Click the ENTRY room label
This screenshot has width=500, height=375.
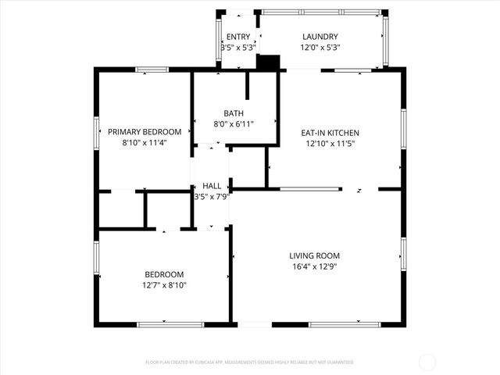coord(237,37)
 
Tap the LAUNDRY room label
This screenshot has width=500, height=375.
coord(320,37)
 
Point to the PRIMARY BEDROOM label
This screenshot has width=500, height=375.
coord(145,132)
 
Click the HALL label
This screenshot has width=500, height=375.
coord(211,186)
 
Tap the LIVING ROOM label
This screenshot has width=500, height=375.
coord(314,255)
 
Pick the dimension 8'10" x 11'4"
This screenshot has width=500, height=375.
coord(145,143)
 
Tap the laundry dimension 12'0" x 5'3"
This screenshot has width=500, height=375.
coord(320,48)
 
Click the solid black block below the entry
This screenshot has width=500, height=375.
coord(268,62)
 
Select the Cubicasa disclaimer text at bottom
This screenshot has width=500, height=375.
coord(250,362)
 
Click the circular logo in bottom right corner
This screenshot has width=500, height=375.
coord(427,362)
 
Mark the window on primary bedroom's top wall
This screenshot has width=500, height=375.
coord(152,70)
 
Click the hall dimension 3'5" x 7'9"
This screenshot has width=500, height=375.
coord(211,197)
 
